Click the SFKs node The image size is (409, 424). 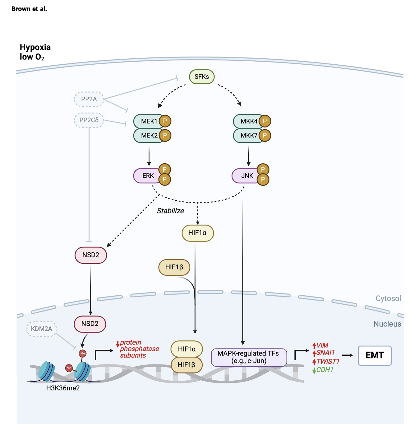tap(201, 77)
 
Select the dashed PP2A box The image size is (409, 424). tap(89, 99)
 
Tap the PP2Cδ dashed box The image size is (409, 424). tap(89, 120)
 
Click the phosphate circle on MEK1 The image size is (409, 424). tap(165, 121)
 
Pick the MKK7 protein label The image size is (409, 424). tap(249, 135)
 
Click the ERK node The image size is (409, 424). tap(148, 176)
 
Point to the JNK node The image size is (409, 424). tap(247, 176)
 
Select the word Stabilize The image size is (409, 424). tap(170, 211)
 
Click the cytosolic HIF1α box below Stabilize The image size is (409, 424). tap(198, 233)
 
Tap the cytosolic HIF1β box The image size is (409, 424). tap(174, 267)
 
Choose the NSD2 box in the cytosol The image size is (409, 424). tap(91, 255)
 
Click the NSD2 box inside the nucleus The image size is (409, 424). tap(90, 324)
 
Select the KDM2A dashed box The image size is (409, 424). tap(42, 329)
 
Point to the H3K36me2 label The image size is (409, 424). tap(63, 388)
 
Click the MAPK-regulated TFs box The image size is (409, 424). tap(249, 357)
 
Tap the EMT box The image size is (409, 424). tap(375, 355)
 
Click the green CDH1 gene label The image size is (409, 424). tap(324, 370)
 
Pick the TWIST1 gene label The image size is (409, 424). tap(328, 361)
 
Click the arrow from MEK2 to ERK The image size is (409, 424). tap(149, 156)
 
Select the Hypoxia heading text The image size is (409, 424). tap(35, 47)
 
